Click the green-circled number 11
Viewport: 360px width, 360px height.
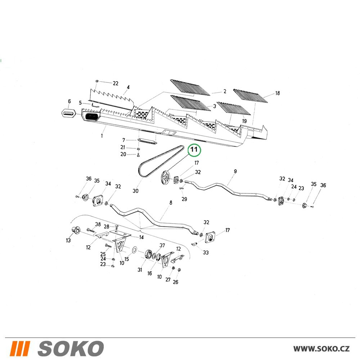[194, 150]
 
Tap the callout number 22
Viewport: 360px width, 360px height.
[116, 84]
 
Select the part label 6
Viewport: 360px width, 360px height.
[69, 101]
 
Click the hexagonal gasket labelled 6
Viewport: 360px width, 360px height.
[69, 113]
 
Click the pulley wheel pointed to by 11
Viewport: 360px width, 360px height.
[166, 179]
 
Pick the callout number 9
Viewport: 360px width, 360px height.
[235, 171]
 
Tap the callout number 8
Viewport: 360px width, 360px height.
[171, 203]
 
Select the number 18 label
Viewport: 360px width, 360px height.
[277, 93]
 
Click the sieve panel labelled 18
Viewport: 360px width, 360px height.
[251, 96]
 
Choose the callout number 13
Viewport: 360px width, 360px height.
[68, 240]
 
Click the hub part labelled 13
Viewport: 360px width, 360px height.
[75, 230]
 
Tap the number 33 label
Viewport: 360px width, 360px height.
[206, 253]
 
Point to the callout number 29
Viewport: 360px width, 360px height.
[184, 199]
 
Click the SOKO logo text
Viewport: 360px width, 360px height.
[70, 348]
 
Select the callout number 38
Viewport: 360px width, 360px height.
[98, 224]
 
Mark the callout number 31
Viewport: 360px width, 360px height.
[140, 270]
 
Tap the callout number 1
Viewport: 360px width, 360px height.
[102, 136]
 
